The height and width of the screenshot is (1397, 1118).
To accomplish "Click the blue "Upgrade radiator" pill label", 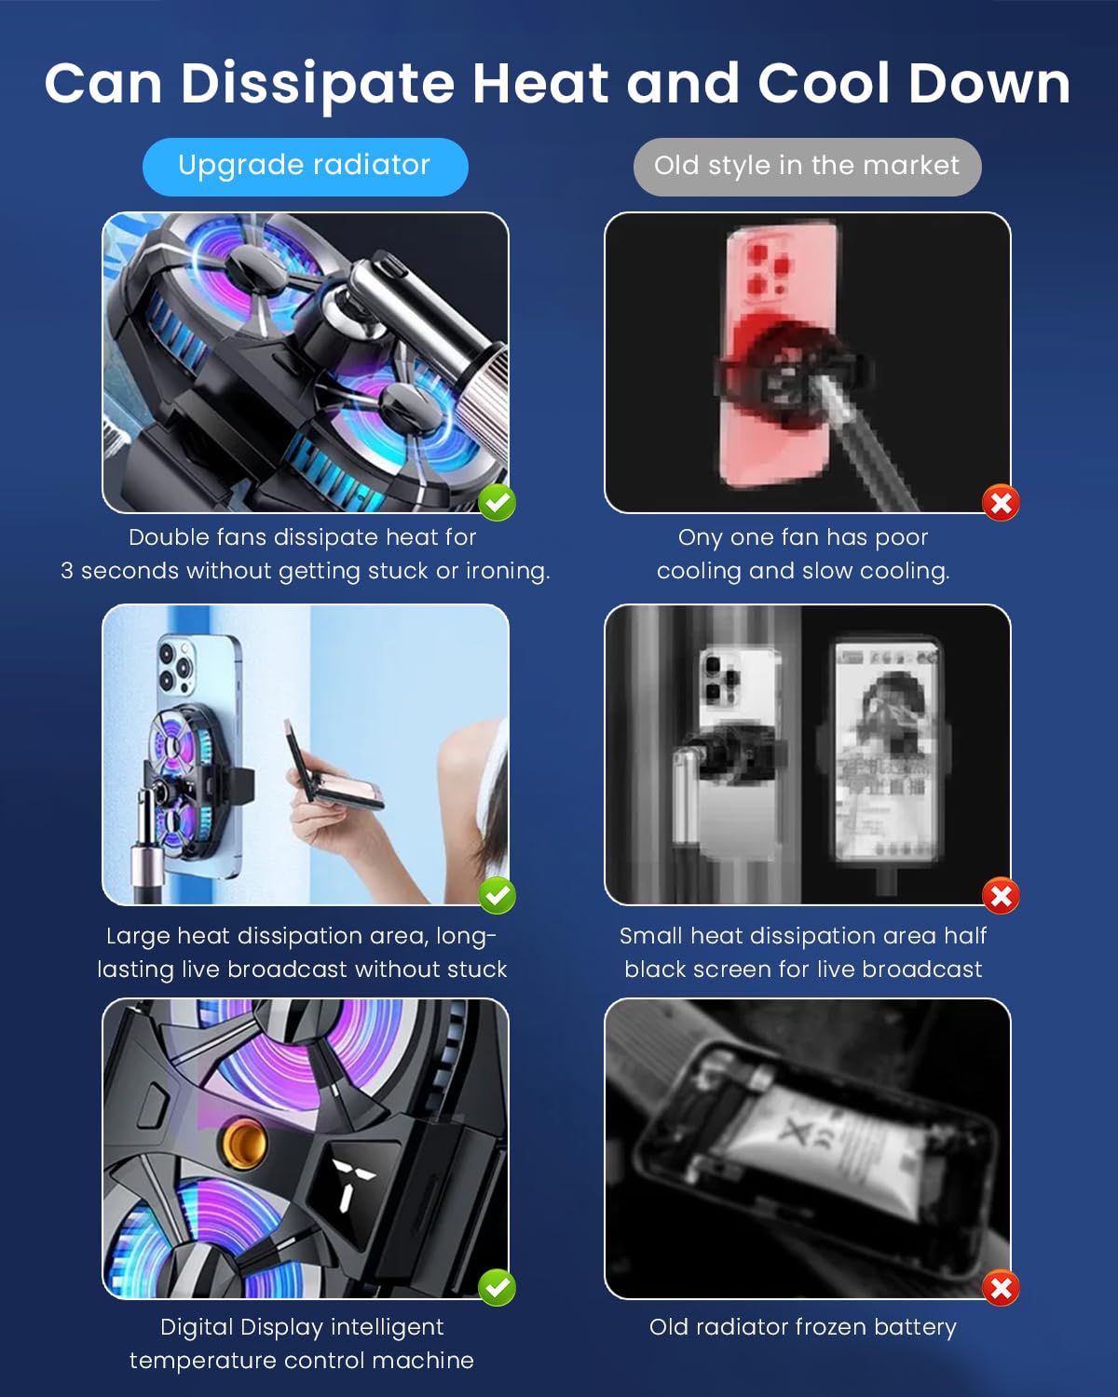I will (x=305, y=166).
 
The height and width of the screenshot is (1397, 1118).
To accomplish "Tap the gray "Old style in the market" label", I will (x=807, y=166).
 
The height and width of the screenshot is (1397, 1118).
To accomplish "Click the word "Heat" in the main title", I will (x=540, y=84).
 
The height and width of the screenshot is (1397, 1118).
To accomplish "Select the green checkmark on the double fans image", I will (x=498, y=503).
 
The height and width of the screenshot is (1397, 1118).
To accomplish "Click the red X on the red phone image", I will (x=1002, y=504).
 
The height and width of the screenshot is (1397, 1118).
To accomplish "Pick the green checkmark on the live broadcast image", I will (x=498, y=896).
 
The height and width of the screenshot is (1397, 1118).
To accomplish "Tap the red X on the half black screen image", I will (x=1002, y=897).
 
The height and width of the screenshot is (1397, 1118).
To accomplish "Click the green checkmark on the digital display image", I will (x=498, y=1289).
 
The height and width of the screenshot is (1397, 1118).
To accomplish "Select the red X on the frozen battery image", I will (x=1002, y=1289).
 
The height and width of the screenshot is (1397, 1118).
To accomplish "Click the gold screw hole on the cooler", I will (x=243, y=1143).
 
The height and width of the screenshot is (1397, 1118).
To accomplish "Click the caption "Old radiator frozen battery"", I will (x=803, y=1327).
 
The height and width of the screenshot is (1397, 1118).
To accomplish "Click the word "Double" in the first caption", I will (x=162, y=537).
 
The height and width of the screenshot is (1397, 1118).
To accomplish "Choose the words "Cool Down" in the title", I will (x=914, y=84).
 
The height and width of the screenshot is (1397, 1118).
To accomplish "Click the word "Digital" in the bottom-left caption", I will (x=197, y=1327).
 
